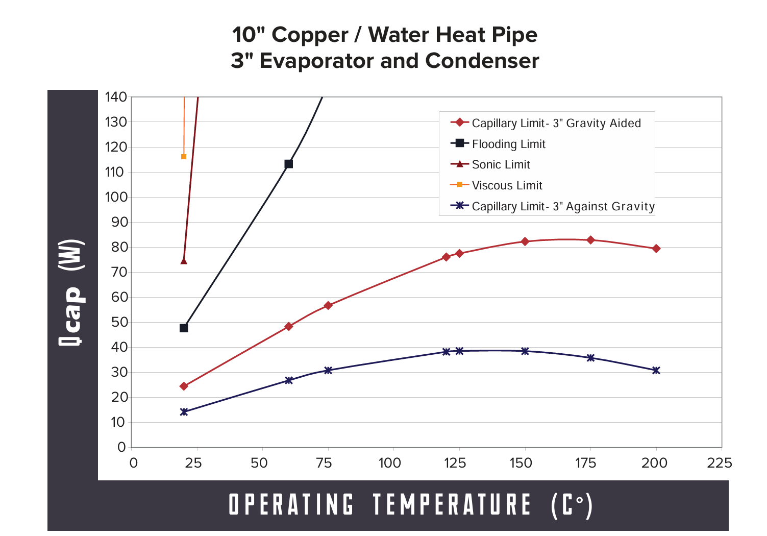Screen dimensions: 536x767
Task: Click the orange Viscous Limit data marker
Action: click(x=184, y=157)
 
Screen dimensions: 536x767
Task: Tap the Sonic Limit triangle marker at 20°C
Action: click(x=184, y=261)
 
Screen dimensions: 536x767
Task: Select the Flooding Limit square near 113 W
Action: click(x=288, y=164)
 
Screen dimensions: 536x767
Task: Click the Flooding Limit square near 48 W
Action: click(x=184, y=328)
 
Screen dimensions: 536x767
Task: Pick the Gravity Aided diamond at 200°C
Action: click(x=656, y=249)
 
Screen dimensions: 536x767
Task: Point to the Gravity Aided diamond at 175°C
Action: click(x=590, y=240)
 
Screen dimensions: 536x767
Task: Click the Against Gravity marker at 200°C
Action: click(x=656, y=370)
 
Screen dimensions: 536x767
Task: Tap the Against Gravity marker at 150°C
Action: click(x=525, y=351)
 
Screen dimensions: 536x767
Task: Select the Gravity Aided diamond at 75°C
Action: click(x=328, y=305)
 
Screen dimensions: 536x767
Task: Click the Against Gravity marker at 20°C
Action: click(x=184, y=411)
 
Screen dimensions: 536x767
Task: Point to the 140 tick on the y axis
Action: click(x=116, y=96)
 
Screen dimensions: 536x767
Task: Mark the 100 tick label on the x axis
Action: click(x=390, y=463)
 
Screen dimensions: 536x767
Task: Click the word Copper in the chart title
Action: click(x=310, y=35)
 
